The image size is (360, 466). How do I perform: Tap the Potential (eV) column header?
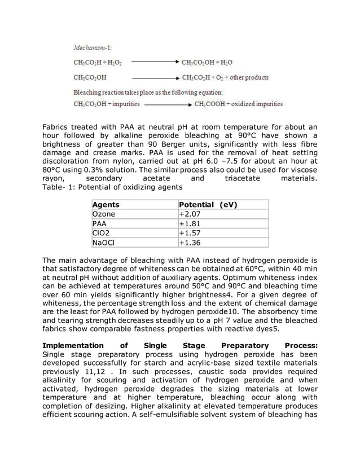tap(207, 205)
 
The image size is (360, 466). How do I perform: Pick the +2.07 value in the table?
tap(190, 214)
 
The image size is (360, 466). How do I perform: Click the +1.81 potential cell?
tap(190, 224)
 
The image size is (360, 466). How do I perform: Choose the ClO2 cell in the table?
tap(101, 234)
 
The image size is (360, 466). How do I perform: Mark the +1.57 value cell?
tap(190, 234)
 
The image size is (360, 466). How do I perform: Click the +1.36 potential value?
tap(190, 243)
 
